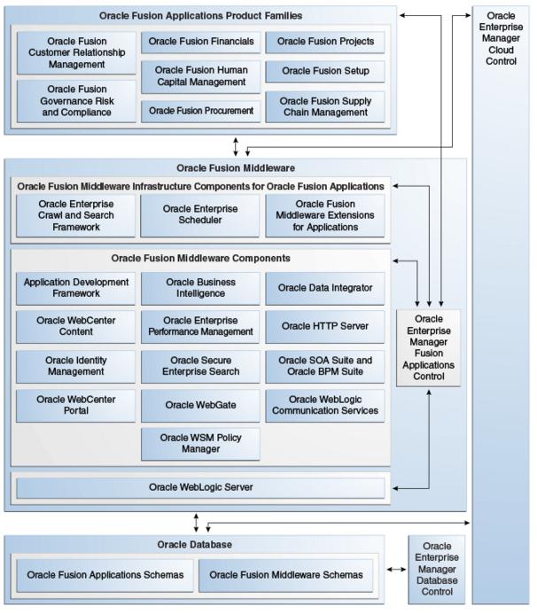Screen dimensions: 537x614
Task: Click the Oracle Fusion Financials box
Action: tap(200, 42)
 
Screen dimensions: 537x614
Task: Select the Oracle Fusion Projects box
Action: tap(325, 42)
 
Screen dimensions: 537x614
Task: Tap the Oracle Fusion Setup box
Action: tap(325, 71)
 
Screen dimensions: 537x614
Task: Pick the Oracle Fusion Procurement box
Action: tap(200, 112)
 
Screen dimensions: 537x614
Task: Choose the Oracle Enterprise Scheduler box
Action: tap(199, 215)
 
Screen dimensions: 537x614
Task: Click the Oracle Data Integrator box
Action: tap(325, 288)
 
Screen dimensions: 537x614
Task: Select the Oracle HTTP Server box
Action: tap(325, 327)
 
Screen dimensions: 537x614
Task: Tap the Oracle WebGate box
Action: tap(200, 405)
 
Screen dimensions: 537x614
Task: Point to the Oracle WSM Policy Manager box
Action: tap(200, 444)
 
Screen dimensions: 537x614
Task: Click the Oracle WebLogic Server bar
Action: tap(200, 488)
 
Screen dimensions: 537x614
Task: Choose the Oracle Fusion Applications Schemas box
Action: tap(105, 575)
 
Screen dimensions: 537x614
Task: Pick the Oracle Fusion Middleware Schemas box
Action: tap(286, 575)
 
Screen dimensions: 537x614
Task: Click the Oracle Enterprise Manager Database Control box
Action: tap(437, 570)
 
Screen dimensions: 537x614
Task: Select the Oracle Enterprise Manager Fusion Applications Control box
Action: tap(429, 347)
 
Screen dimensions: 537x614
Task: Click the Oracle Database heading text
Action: tap(195, 545)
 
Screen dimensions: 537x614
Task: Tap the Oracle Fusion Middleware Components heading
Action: tap(200, 259)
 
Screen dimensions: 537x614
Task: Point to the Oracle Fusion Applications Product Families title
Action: tap(200, 16)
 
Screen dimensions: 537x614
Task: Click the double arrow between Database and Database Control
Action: tap(396, 570)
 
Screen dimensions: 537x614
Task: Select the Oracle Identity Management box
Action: tap(75, 367)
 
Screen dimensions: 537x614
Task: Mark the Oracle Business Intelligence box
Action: tap(200, 288)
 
